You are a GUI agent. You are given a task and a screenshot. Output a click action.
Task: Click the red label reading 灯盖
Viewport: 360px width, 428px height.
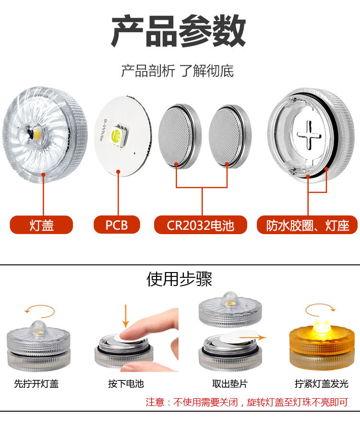point(41,225)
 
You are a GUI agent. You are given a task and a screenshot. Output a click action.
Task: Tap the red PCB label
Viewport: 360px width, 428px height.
point(117,225)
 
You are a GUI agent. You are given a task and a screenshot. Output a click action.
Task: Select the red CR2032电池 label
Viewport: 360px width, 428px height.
point(201,225)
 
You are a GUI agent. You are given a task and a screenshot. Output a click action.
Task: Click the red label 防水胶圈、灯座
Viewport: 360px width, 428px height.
point(308,225)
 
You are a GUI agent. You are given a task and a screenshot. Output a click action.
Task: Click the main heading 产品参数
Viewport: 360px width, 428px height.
point(179,32)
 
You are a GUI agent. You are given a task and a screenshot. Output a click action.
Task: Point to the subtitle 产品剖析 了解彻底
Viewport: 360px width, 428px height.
point(178,71)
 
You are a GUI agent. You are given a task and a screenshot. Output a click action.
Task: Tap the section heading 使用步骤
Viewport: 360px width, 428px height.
point(179,279)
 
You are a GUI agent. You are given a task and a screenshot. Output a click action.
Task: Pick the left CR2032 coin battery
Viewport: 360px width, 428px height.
point(177,136)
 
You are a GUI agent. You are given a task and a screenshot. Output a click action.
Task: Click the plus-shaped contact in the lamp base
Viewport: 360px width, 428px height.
point(308,134)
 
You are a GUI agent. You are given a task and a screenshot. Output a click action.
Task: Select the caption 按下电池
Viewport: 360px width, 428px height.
point(126,384)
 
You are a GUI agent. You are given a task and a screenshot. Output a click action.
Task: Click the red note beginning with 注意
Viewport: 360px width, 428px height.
point(246,402)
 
